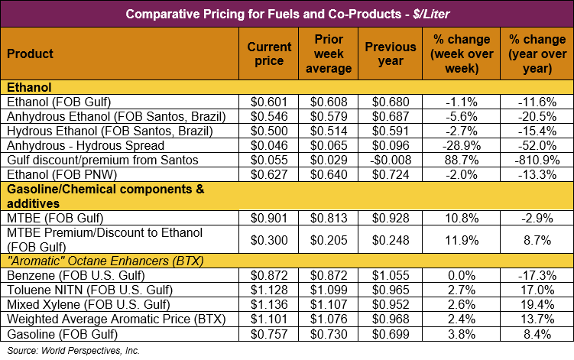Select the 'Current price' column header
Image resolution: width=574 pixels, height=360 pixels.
269,54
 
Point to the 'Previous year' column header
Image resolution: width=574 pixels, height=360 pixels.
390,54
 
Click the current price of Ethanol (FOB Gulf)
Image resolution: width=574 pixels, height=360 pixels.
269,102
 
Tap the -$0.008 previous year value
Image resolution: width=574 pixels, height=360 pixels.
390,160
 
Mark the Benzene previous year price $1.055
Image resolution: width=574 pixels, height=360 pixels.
390,274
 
